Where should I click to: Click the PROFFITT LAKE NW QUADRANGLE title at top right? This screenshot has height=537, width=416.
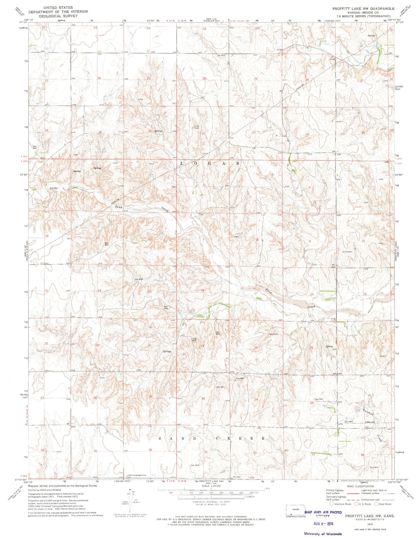pyautogui.click(x=363, y=9)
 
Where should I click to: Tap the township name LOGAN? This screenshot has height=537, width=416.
pyautogui.click(x=210, y=163)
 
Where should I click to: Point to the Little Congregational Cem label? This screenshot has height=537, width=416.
pyautogui.click(x=140, y=475)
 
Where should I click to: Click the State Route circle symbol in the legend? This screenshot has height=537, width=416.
pyautogui.click(x=376, y=504)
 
